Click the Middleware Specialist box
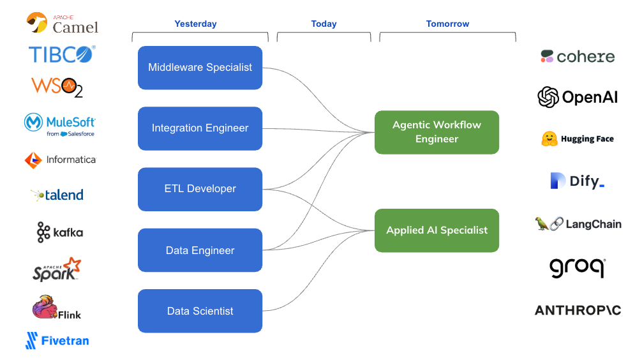click(x=200, y=68)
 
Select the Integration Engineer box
click(x=200, y=128)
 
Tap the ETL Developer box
click(x=200, y=189)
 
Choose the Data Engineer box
click(x=200, y=250)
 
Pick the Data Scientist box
click(x=200, y=311)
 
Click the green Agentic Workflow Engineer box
click(x=437, y=132)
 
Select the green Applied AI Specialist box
click(x=437, y=230)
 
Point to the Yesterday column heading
click(x=195, y=24)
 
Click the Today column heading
click(x=324, y=24)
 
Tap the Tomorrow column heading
click(x=447, y=24)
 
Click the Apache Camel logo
click(x=62, y=24)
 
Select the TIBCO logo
click(x=62, y=54)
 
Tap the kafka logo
click(x=60, y=232)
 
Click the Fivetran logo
click(x=57, y=341)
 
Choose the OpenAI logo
click(x=578, y=97)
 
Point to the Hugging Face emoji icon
click(x=549, y=139)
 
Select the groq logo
click(x=577, y=267)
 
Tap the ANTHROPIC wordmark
click(x=578, y=310)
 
